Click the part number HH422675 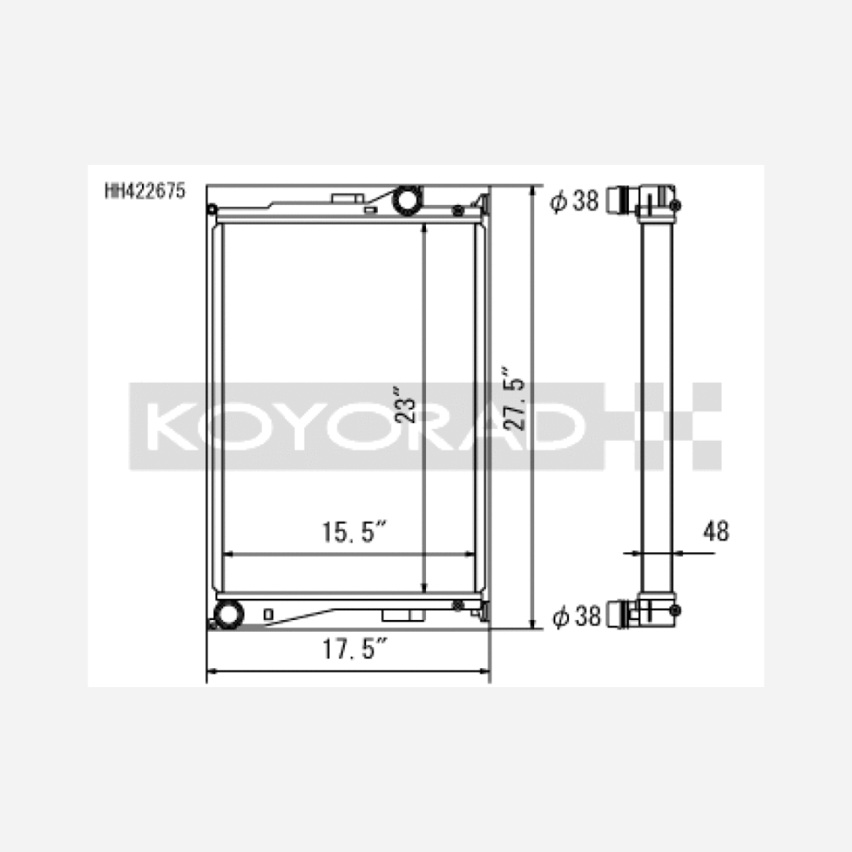point(145,191)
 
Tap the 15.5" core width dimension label point(353,532)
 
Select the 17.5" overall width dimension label point(354,648)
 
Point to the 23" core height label point(405,405)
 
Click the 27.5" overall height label point(514,398)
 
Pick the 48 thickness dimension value point(716,531)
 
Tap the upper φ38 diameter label point(574,200)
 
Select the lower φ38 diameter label point(576,616)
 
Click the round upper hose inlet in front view point(407,200)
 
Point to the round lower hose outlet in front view point(229,614)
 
